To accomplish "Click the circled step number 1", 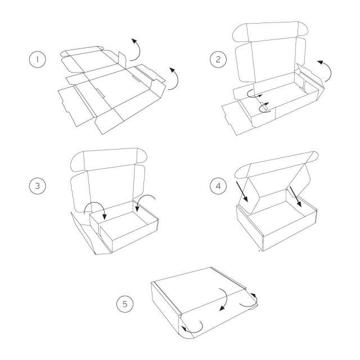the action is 38,59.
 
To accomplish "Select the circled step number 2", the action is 218,59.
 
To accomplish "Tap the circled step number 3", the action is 38,186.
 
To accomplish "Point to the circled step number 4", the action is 218,186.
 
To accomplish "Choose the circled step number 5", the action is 125,304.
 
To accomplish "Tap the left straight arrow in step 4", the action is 242,191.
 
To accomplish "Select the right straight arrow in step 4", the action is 295,196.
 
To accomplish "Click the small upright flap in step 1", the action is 123,60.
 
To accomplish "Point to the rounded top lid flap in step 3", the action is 109,159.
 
